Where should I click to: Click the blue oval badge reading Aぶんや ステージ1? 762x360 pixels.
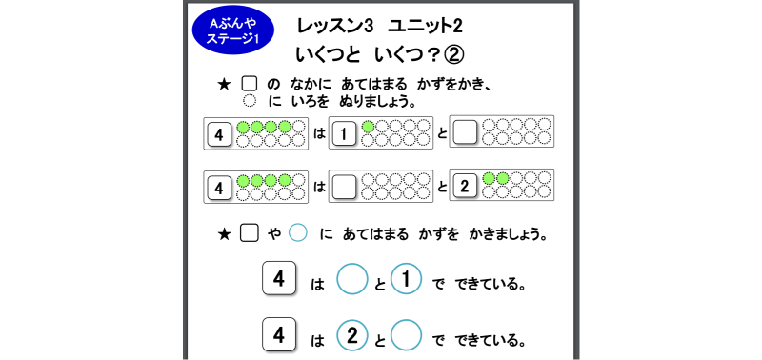[x=233, y=30]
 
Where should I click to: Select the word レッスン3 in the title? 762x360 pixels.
[x=335, y=27]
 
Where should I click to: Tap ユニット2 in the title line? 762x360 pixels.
[x=425, y=27]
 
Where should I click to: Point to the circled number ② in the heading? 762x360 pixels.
[x=454, y=55]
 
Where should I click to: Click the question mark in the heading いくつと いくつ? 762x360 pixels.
[x=432, y=55]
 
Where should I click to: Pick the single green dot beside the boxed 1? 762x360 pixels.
[x=369, y=127]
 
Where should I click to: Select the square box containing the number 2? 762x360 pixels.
[x=465, y=188]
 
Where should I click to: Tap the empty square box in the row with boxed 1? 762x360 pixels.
[x=465, y=132]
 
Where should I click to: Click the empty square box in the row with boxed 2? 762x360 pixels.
[x=345, y=188]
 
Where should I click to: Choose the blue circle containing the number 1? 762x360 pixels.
[x=406, y=279]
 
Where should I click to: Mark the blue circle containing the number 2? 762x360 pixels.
[x=351, y=334]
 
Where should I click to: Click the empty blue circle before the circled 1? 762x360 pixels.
[x=351, y=279]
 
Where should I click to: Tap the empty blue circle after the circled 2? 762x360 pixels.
[x=406, y=334]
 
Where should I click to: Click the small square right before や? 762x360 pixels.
[x=250, y=233]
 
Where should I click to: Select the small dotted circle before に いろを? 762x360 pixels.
[x=250, y=101]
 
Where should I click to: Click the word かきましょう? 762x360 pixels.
[x=509, y=234]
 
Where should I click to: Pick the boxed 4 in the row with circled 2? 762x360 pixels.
[x=279, y=334]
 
